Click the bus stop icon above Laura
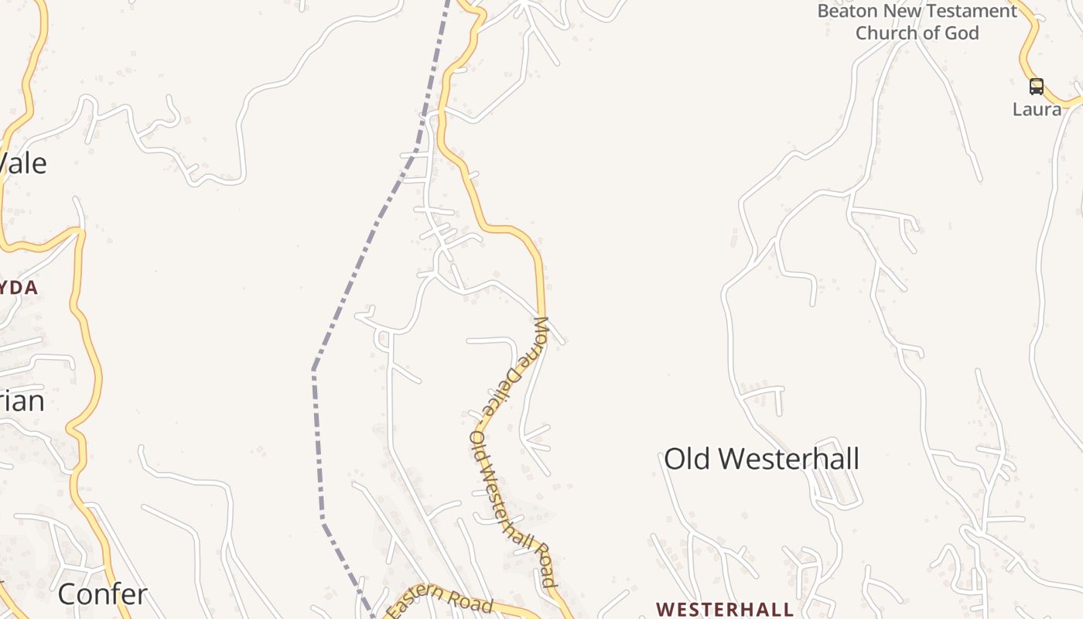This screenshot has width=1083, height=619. (1037, 86)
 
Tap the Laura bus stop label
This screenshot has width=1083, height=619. (1037, 109)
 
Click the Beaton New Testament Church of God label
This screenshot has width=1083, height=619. (917, 22)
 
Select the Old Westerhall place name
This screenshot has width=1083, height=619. (761, 459)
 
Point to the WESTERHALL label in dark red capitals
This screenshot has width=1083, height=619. (725, 609)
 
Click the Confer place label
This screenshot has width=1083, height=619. (102, 594)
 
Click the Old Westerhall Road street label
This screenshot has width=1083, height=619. (513, 511)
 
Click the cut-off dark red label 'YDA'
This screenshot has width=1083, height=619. (19, 288)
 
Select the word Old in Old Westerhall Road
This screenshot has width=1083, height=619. (478, 446)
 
